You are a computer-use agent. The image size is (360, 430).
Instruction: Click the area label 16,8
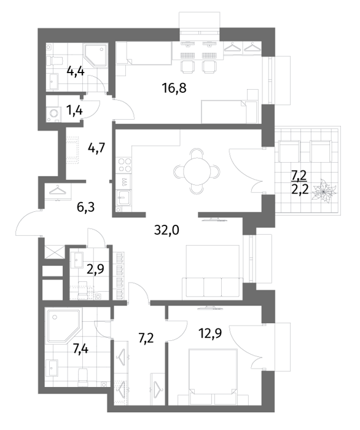174,88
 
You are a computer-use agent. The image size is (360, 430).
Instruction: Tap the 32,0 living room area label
166,230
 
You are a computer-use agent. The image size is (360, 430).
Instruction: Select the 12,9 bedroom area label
209,334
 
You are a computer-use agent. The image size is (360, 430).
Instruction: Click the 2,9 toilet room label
95,269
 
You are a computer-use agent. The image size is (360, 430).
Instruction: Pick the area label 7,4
80,350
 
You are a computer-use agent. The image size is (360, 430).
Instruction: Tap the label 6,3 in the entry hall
86,207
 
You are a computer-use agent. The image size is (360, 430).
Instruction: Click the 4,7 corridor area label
97,149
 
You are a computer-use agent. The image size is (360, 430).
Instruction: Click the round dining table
197,172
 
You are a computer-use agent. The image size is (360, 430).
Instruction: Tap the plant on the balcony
324,192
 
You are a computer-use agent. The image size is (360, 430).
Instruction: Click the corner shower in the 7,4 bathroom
64,326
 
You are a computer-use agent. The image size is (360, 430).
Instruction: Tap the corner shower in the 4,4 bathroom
95,56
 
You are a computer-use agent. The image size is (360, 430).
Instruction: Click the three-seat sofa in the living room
213,287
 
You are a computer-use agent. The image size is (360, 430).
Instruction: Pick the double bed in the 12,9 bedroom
213,372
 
